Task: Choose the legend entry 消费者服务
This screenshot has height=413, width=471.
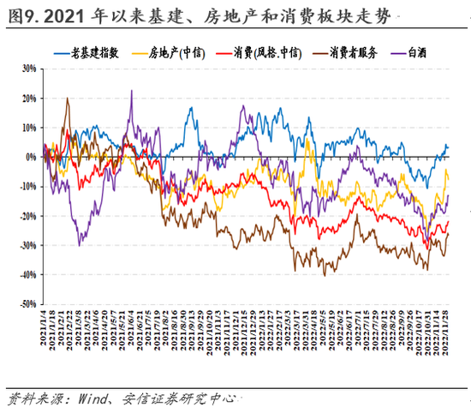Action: (x=353, y=52)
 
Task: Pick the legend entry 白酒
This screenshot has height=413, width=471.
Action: (x=419, y=52)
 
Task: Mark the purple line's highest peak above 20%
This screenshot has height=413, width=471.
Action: (x=131, y=90)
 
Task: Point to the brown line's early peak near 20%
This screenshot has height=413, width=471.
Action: (x=68, y=99)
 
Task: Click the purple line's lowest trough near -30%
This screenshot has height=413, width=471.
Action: (x=79, y=245)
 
